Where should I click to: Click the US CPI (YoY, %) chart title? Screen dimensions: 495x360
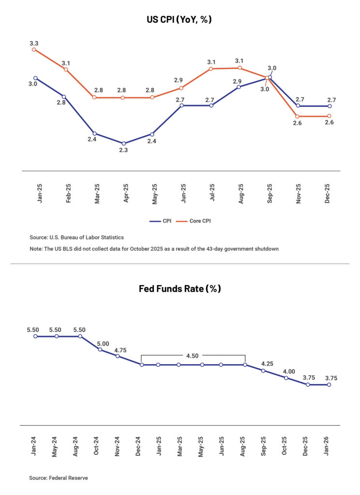180,20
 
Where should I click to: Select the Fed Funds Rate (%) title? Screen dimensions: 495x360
180,289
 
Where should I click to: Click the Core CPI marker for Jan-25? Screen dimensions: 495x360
34,49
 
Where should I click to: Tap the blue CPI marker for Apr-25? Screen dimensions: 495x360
123,143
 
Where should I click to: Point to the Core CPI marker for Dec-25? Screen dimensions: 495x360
330,116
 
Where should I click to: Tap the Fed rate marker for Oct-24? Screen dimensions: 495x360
100,349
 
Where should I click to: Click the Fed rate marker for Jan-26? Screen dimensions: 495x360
329,385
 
